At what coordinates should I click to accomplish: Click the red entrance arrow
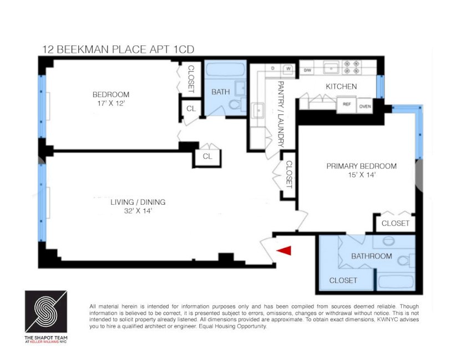click(x=285, y=250)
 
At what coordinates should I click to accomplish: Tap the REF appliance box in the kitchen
click(x=347, y=104)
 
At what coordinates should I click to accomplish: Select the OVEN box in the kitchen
click(x=364, y=106)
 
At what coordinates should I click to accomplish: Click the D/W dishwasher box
click(x=307, y=70)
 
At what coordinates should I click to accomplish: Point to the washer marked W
click(x=288, y=69)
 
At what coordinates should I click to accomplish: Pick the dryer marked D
click(x=272, y=68)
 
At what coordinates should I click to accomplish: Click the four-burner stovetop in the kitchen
click(x=352, y=67)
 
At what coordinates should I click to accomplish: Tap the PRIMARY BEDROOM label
click(x=361, y=166)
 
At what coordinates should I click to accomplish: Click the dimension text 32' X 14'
click(x=138, y=211)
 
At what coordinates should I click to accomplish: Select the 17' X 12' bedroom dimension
click(x=110, y=104)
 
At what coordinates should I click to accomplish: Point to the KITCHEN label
click(x=341, y=87)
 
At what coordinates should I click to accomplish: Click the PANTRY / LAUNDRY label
click(x=280, y=114)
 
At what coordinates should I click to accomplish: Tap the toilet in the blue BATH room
click(x=236, y=104)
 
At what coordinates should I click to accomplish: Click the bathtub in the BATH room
click(x=226, y=69)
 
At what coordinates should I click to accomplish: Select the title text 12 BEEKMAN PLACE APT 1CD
click(x=118, y=49)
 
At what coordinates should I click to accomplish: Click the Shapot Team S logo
click(x=46, y=312)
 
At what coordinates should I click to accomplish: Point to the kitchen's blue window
click(x=380, y=87)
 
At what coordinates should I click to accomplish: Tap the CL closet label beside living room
click(x=207, y=156)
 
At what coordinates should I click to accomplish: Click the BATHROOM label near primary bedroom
click(x=372, y=256)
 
